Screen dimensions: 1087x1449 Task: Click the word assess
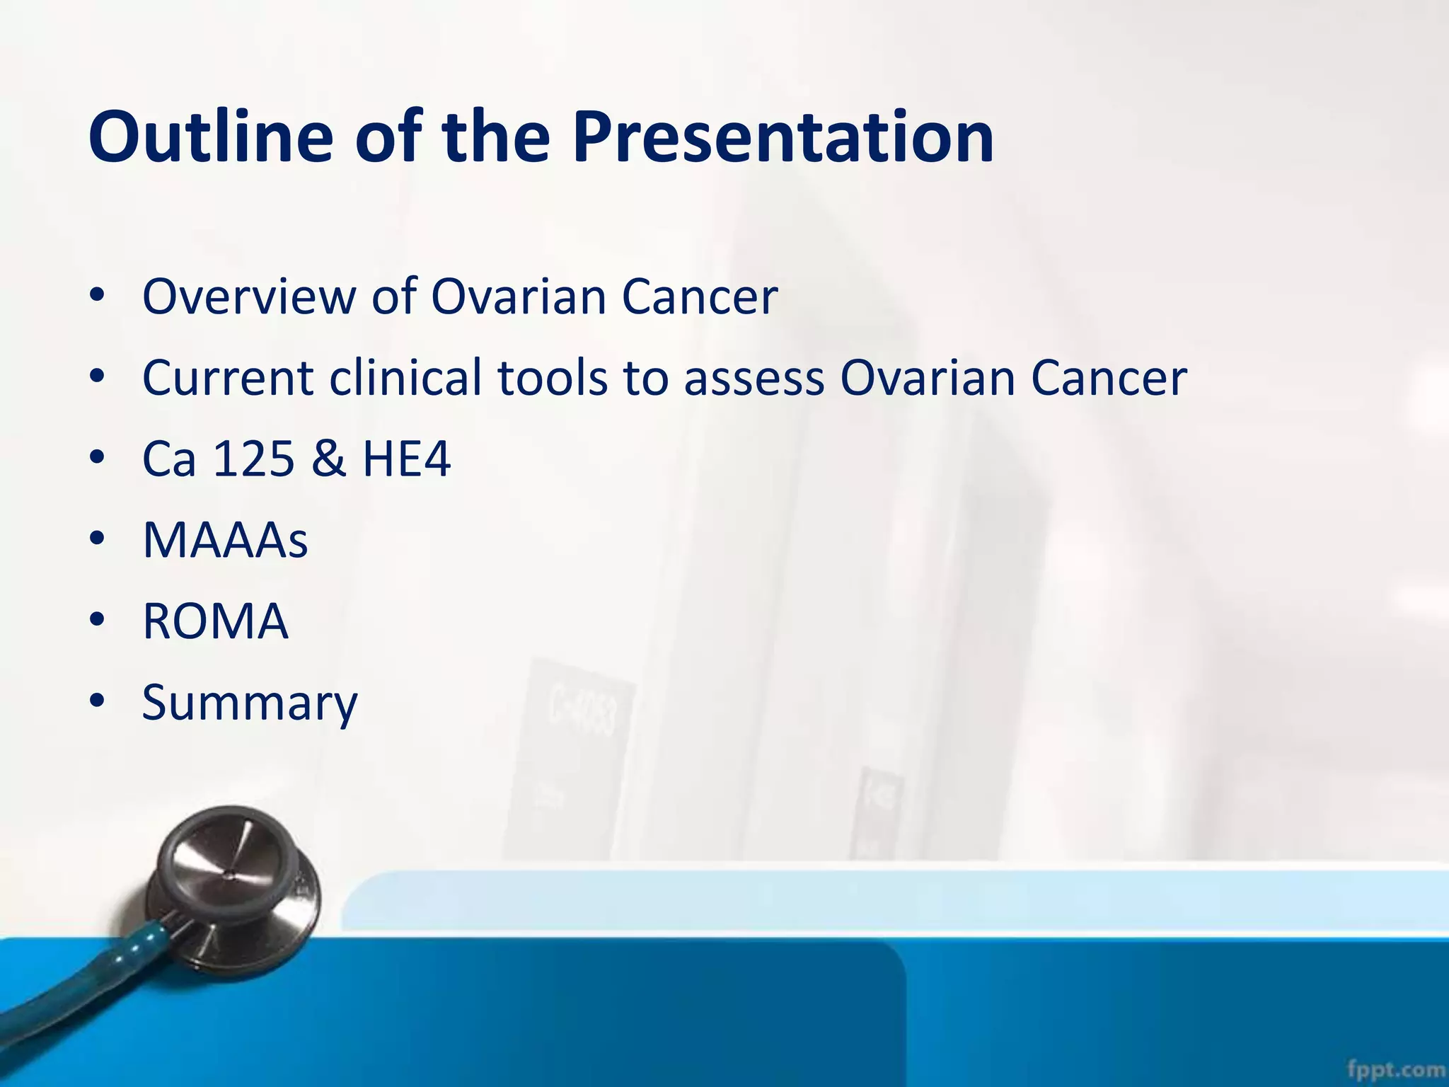(754, 379)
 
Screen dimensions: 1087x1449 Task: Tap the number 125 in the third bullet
(253, 459)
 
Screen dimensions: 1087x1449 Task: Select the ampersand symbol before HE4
(328, 459)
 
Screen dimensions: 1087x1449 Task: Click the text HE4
(406, 459)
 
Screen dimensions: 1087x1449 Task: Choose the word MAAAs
(225, 540)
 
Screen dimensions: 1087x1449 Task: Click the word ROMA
(215, 621)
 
